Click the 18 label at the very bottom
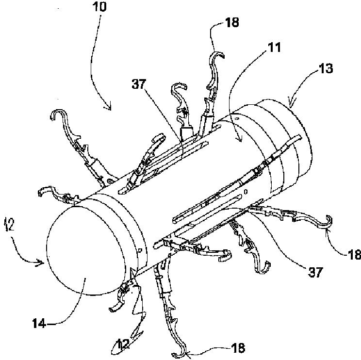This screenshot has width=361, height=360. (238, 347)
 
